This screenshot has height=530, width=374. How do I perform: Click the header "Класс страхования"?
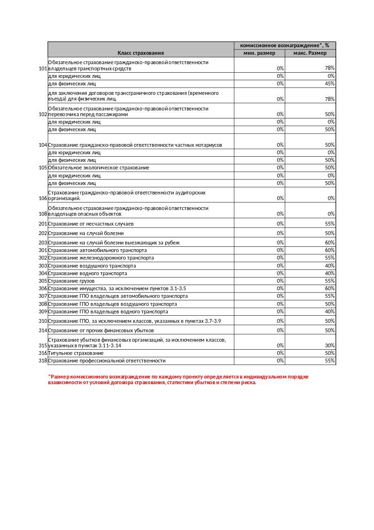pos(141,53)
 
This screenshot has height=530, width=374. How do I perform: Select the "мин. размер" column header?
pos(259,53)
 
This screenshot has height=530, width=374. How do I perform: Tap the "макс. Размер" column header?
pos(310,53)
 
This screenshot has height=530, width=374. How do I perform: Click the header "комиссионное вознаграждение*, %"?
pos(285,45)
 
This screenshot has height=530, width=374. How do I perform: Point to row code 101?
pos(43,68)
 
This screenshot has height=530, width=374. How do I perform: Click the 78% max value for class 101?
pos(330,68)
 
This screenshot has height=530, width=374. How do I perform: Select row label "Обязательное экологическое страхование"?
pos(99,168)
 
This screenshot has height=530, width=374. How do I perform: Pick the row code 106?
pos(43,198)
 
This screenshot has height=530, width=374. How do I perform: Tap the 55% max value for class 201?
pos(330,224)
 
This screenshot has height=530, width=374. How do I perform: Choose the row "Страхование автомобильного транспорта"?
pos(98,250)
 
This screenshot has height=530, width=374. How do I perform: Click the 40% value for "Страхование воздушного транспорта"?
pos(330,266)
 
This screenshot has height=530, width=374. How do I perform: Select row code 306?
pos(43,288)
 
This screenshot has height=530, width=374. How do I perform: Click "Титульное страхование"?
pos(76,353)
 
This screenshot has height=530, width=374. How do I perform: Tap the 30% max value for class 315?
pos(330,345)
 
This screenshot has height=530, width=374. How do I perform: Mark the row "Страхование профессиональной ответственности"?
pos(107,361)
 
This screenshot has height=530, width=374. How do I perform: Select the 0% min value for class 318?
pos(280,361)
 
